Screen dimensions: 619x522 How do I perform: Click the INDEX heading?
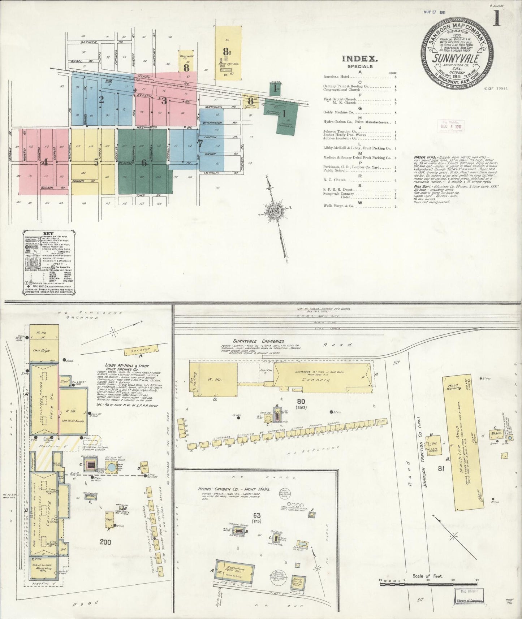[x=359, y=59]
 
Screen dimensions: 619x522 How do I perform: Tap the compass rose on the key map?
[x=274, y=210]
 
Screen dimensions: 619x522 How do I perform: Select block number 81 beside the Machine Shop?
[x=440, y=469]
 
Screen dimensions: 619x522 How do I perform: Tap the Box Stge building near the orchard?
[x=141, y=350]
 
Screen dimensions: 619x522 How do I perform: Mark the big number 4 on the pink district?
[x=45, y=162]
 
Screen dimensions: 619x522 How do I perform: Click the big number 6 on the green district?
[x=144, y=163]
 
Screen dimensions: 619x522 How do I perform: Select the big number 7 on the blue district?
[x=200, y=144]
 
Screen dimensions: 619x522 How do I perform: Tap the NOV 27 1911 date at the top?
[x=435, y=12]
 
